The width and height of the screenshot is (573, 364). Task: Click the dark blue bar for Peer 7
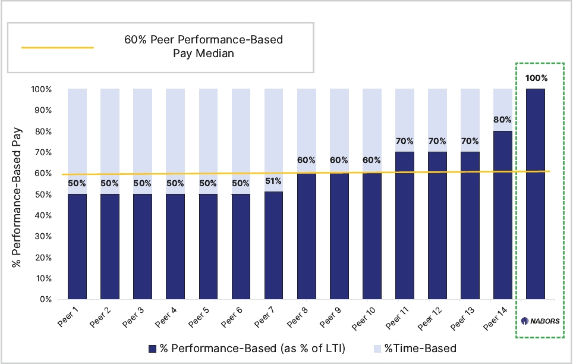tap(273, 246)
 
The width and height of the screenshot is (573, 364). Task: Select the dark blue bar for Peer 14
tap(502, 215)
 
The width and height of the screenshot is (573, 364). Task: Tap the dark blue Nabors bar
tap(536, 194)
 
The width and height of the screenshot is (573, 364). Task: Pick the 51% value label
tap(273, 181)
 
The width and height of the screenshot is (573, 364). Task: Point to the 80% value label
tap(502, 120)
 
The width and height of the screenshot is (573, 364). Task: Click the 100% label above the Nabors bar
tap(537, 78)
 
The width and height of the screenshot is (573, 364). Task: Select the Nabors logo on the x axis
tap(540, 321)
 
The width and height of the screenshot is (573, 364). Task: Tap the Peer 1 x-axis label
tap(68, 317)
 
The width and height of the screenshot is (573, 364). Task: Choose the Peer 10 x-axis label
tap(364, 318)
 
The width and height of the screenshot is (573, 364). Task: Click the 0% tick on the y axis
tap(46, 299)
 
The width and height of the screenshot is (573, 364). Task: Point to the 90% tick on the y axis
tap(43, 110)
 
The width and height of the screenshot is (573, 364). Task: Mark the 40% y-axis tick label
tap(43, 215)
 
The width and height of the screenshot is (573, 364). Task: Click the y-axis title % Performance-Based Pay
tap(17, 197)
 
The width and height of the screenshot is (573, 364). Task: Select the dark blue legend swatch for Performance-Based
tap(152, 349)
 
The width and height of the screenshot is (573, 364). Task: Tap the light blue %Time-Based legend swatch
tap(377, 349)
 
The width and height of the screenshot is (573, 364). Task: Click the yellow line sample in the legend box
tap(58, 48)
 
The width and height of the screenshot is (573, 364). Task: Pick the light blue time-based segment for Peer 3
tap(143, 141)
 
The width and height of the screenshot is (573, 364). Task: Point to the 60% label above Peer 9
tap(339, 160)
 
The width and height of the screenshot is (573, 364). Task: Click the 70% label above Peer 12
tap(437, 141)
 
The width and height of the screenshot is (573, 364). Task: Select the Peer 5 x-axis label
tap(199, 317)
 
